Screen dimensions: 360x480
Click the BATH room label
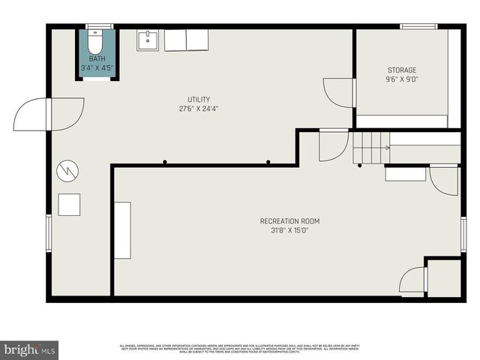click(97, 58)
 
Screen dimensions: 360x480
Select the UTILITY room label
click(199, 100)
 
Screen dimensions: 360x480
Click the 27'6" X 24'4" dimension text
click(199, 109)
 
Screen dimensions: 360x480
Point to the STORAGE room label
click(402, 70)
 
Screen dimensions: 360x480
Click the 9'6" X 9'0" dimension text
click(402, 79)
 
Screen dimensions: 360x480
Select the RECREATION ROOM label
click(289, 221)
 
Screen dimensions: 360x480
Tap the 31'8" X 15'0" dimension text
click(289, 230)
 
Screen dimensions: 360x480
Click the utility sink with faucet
click(148, 40)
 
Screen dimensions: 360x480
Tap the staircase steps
click(372, 147)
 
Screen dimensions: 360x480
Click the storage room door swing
click(339, 92)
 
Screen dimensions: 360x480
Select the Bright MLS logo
click(29, 349)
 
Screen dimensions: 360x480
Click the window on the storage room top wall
click(418, 27)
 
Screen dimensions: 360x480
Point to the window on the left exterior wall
click(49, 232)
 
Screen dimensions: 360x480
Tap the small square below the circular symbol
click(69, 205)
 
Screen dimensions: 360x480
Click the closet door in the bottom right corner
click(414, 280)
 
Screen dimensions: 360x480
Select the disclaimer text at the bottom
click(240, 349)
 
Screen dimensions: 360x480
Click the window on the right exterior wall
click(463, 234)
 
